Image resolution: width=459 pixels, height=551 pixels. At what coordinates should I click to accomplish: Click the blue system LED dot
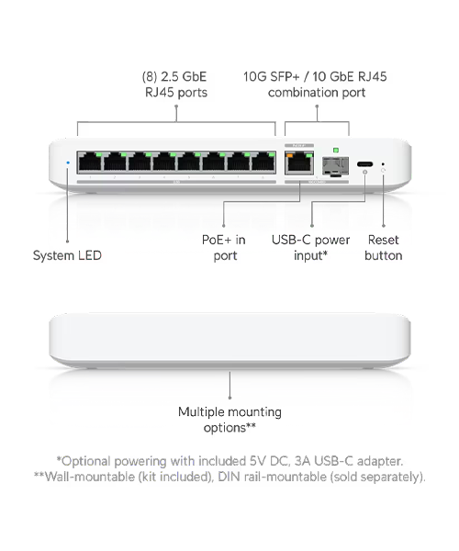[68, 163]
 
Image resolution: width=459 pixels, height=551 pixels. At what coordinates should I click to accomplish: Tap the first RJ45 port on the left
[90, 162]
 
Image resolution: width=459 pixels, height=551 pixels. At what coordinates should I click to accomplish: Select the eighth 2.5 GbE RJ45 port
[263, 162]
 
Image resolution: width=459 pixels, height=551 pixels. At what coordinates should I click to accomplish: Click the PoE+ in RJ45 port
[299, 163]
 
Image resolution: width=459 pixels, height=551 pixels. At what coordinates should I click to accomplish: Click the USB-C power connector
[365, 163]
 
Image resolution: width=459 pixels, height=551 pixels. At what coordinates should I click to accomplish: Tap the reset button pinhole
[383, 164]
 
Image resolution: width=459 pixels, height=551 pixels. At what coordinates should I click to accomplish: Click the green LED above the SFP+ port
[336, 151]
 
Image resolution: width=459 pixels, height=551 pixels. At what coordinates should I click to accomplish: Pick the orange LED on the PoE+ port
[290, 154]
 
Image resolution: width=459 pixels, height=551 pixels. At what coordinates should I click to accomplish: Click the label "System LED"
[67, 255]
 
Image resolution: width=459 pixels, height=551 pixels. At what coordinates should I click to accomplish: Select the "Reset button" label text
[383, 248]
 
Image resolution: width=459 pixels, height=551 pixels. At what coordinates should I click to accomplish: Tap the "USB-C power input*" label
[311, 248]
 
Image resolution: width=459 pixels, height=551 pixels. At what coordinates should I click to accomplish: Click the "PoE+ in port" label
[224, 248]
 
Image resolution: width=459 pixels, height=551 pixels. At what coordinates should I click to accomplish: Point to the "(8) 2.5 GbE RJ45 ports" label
[175, 84]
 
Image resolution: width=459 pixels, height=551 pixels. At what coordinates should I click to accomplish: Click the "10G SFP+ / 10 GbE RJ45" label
[315, 76]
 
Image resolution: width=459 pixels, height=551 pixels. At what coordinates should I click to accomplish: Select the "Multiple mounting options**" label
[229, 420]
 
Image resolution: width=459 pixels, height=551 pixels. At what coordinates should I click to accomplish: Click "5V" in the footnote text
[257, 461]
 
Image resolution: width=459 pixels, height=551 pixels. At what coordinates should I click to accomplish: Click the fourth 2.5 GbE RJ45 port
[164, 162]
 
